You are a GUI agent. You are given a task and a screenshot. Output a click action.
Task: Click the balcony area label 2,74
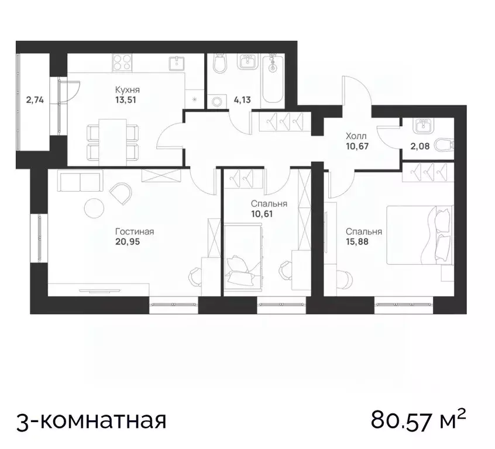pos(35,99)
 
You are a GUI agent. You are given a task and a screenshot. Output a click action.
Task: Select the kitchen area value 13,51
pos(126,100)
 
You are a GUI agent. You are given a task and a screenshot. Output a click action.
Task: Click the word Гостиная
pos(130,232)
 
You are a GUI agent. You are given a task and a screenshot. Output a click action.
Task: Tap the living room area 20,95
pos(130,241)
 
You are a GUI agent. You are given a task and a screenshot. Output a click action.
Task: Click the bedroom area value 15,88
pos(363,240)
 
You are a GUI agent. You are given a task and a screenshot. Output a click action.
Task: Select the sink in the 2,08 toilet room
pos(420,125)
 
